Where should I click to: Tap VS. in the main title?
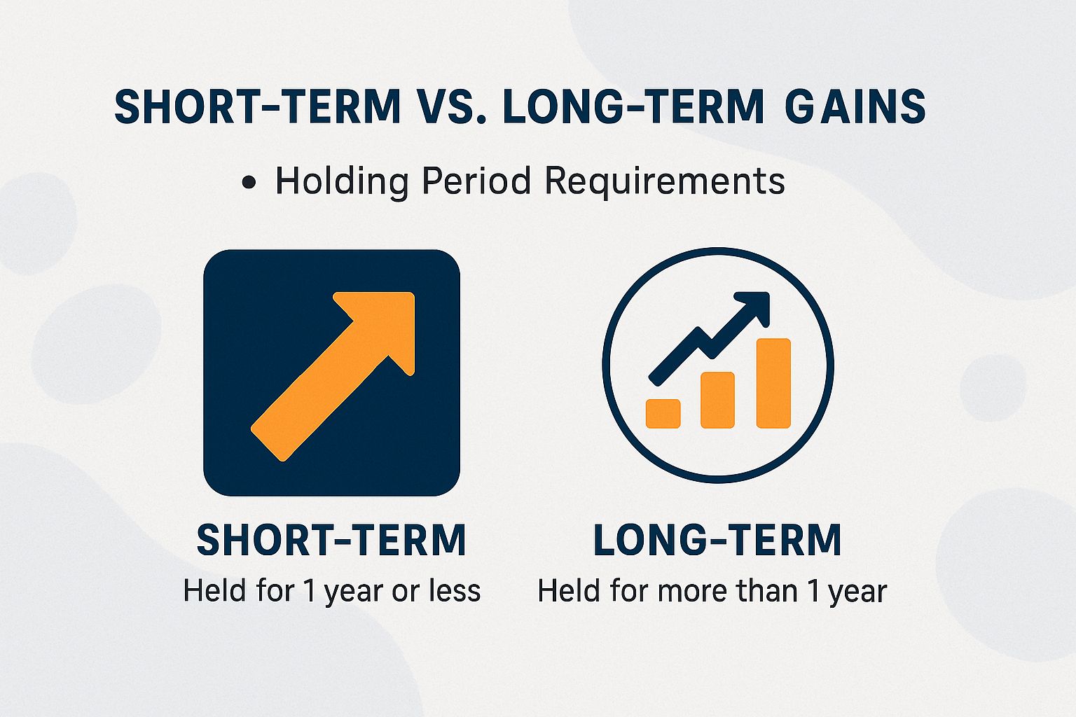pos(446,106)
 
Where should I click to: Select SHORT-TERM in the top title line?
pos(257,106)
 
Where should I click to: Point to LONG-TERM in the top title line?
pos(633,106)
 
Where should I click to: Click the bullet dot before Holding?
pos(248,183)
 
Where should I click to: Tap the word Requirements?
pos(664,181)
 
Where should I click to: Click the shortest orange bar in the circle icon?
pos(663,413)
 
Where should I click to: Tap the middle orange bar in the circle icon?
pos(717,400)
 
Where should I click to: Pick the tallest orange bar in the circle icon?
pos(773,383)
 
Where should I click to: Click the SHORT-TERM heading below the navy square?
pos(331,540)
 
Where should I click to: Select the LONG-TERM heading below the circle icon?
pos(717,540)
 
